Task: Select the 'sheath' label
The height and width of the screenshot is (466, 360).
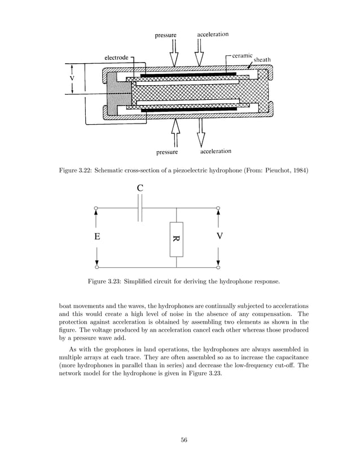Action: [x=262, y=60]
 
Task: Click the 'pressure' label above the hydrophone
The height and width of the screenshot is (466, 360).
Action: [x=166, y=35]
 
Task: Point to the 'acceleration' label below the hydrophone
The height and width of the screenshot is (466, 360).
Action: [x=215, y=151]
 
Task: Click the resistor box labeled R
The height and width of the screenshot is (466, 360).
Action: [x=176, y=239]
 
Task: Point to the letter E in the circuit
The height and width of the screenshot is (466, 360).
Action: [x=98, y=238]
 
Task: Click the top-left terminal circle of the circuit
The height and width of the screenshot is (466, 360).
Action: [x=96, y=209]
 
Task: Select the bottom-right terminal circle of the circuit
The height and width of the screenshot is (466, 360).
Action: [x=218, y=267]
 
